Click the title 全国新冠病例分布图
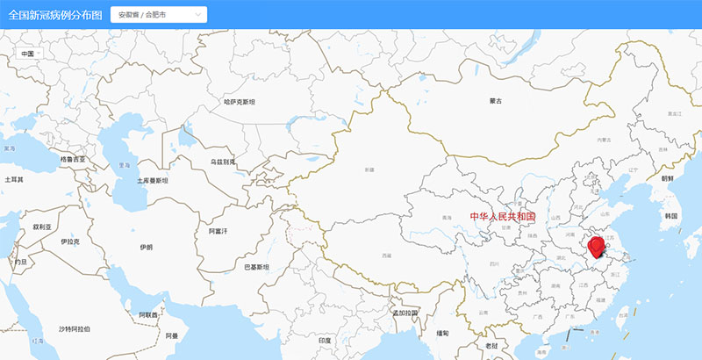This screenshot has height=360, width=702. [54, 15]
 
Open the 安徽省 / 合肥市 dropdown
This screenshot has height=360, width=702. [158, 15]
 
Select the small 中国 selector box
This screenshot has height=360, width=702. [30, 54]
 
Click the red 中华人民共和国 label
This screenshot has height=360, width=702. [503, 216]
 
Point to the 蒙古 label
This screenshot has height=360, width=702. [497, 102]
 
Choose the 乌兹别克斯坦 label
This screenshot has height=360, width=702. [223, 162]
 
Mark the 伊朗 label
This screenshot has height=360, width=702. [146, 248]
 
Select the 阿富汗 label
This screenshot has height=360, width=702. [218, 231]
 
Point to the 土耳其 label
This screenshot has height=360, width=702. [14, 179]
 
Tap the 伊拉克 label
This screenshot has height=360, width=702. [70, 241]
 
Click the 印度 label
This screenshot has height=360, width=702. [326, 340]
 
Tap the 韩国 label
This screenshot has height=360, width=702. [671, 215]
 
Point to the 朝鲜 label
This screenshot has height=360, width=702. [668, 177]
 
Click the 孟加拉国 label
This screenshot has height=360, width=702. [405, 313]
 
